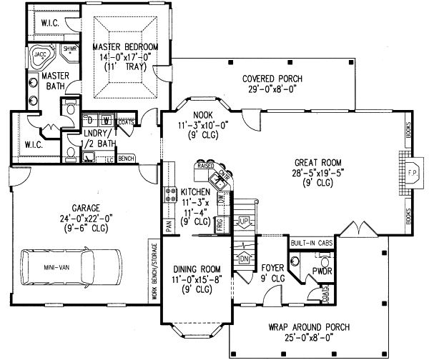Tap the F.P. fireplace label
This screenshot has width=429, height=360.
413,172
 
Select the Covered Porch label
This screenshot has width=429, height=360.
272,79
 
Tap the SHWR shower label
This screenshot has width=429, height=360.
69,49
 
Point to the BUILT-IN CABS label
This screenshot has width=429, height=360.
310,243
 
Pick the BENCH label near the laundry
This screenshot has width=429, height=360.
127,158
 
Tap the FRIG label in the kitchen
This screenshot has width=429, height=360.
218,226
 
